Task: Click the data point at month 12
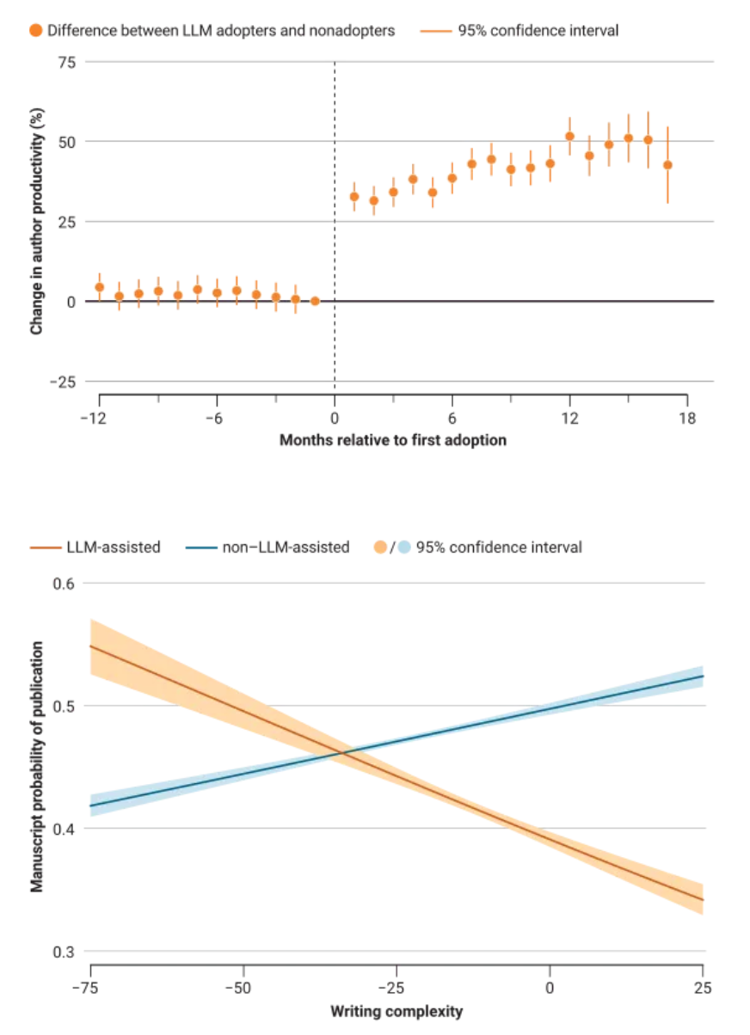[569, 136]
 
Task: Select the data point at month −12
[100, 287]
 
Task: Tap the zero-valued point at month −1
[315, 301]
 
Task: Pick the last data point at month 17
[667, 165]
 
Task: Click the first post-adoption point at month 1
[354, 197]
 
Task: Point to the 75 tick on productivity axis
[65, 62]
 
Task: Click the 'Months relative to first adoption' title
[393, 440]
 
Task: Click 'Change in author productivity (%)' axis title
[37, 222]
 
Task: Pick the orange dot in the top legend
[35, 31]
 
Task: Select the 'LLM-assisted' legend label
[113, 547]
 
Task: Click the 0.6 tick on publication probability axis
[65, 584]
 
